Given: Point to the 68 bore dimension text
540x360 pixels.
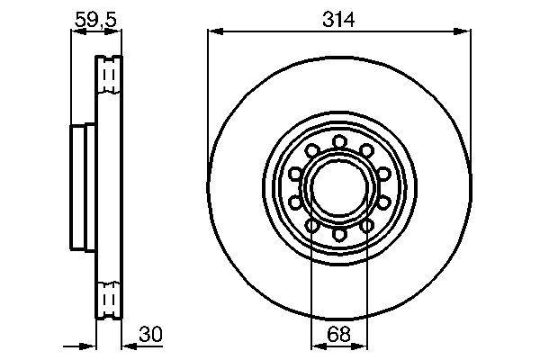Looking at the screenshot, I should [339, 334].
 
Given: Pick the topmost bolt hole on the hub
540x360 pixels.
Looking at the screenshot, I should [339, 141].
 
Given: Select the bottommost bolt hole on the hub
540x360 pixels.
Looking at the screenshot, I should [339, 234].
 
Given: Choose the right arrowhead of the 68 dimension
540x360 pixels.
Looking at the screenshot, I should [363, 346].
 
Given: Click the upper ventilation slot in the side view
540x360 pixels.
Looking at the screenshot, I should [110, 75].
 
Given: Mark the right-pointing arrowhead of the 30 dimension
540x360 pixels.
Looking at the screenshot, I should [90, 346].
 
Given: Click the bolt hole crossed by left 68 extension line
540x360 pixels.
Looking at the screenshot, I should [311, 225].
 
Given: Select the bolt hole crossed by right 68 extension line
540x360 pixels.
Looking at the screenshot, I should [367, 225].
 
